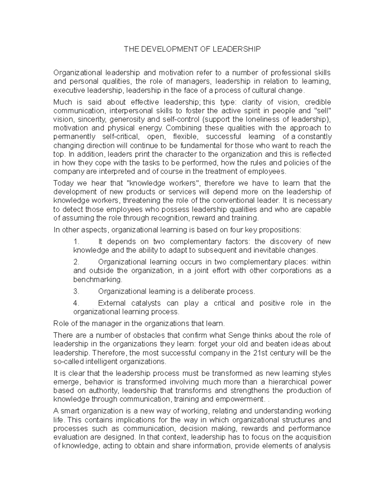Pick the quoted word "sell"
pos(321,111)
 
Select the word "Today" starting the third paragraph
pos(64,183)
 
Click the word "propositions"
pos(280,230)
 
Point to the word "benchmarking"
pos(98,279)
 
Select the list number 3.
pos(76,291)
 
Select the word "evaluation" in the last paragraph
pos(71,437)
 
